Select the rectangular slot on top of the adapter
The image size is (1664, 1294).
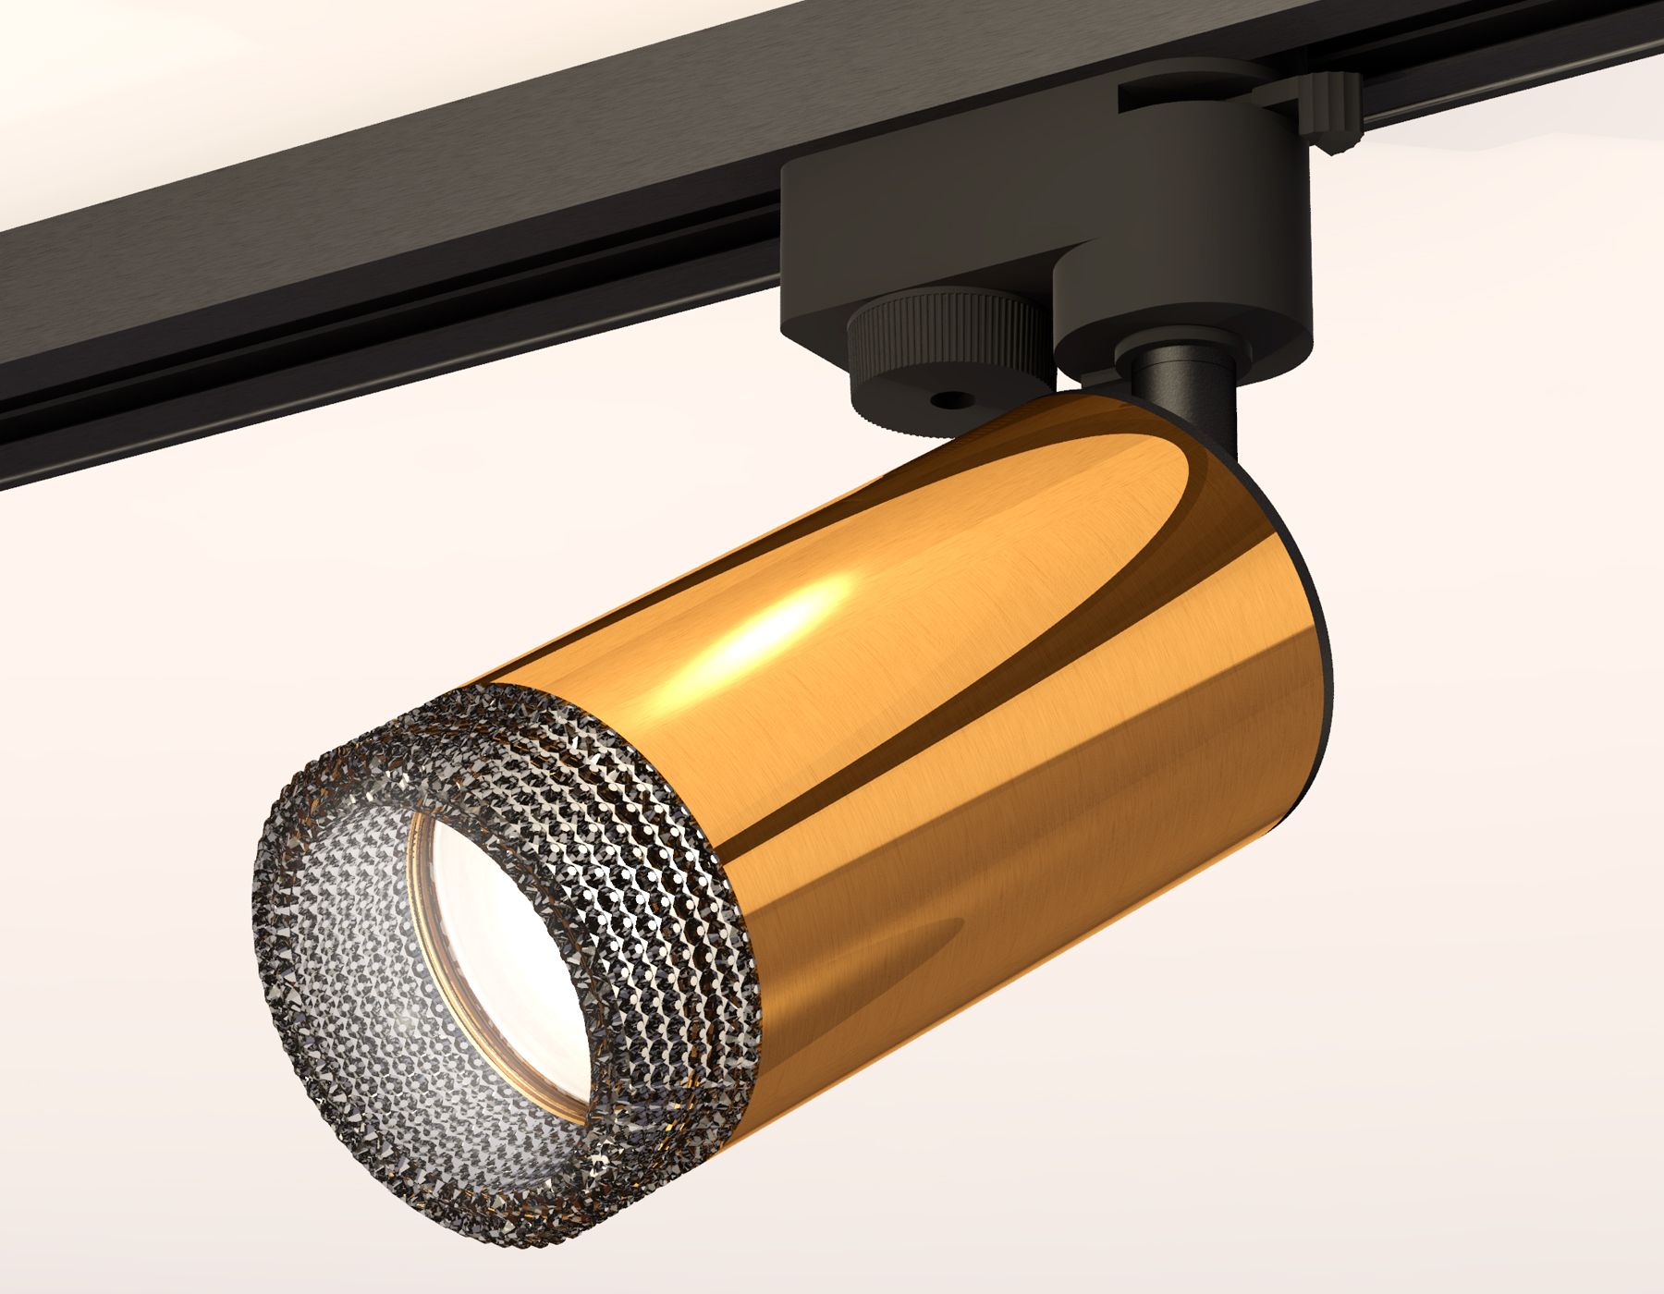pos(1202,96)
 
